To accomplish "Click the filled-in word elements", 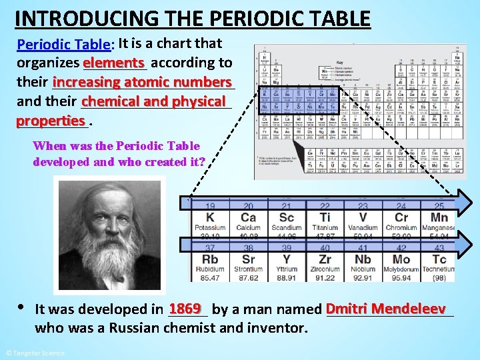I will [x=114, y=62].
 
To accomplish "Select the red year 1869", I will [x=185, y=309].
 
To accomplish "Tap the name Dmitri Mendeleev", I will [x=386, y=309].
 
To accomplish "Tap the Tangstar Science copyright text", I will [x=35, y=353].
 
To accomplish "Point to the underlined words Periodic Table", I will [x=64, y=45].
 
